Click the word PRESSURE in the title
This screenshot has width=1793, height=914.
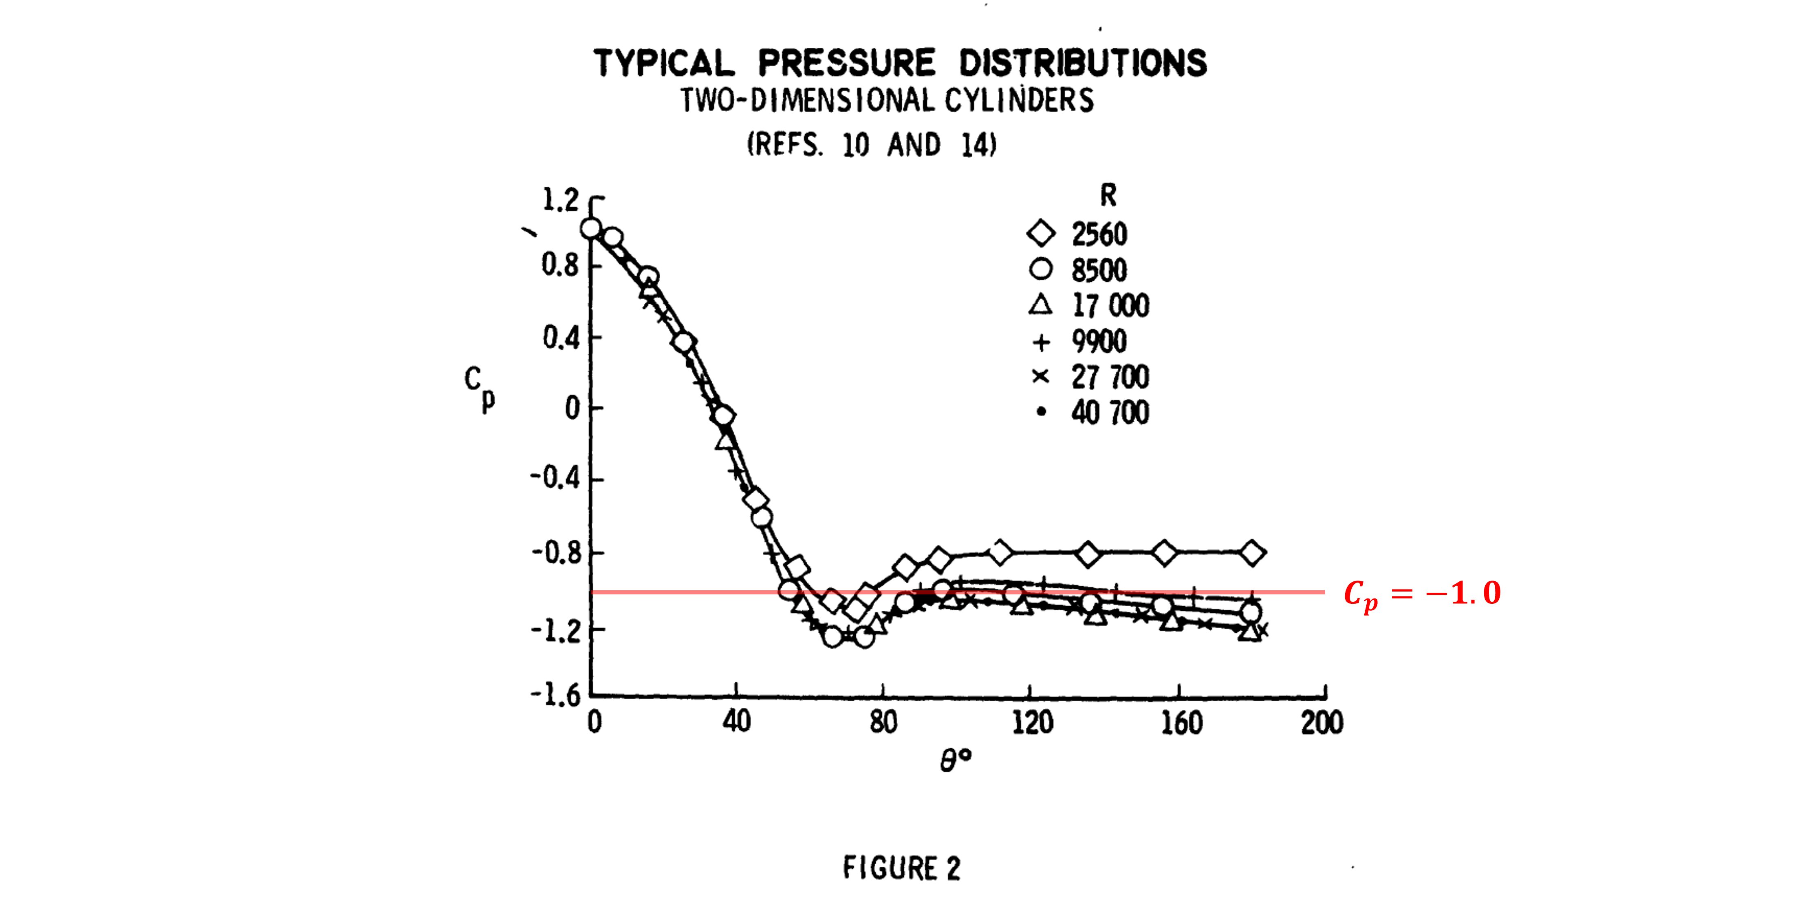pyautogui.click(x=846, y=63)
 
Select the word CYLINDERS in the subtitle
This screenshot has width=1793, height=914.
pyautogui.click(x=1019, y=100)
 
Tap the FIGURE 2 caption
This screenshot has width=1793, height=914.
pyautogui.click(x=901, y=868)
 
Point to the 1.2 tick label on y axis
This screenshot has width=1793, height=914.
pyautogui.click(x=560, y=201)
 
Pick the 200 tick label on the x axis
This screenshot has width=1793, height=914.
pyautogui.click(x=1322, y=722)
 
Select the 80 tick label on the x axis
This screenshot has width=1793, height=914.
pyautogui.click(x=883, y=722)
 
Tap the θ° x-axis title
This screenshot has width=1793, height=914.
pyautogui.click(x=955, y=760)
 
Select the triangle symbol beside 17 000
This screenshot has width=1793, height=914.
pyautogui.click(x=1041, y=305)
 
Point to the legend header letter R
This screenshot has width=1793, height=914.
pyautogui.click(x=1108, y=196)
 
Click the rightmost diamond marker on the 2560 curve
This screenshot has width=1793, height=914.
pyautogui.click(x=1252, y=553)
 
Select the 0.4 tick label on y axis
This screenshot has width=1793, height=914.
pyautogui.click(x=560, y=338)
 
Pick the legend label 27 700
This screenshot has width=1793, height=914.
pyautogui.click(x=1110, y=377)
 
